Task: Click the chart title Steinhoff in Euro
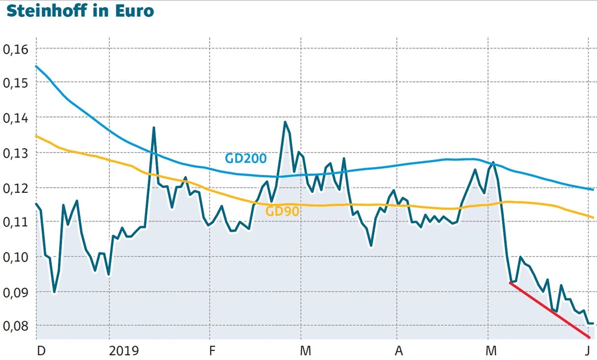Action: [x=80, y=12]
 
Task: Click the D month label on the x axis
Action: [x=41, y=350]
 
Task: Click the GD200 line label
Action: [x=245, y=158]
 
